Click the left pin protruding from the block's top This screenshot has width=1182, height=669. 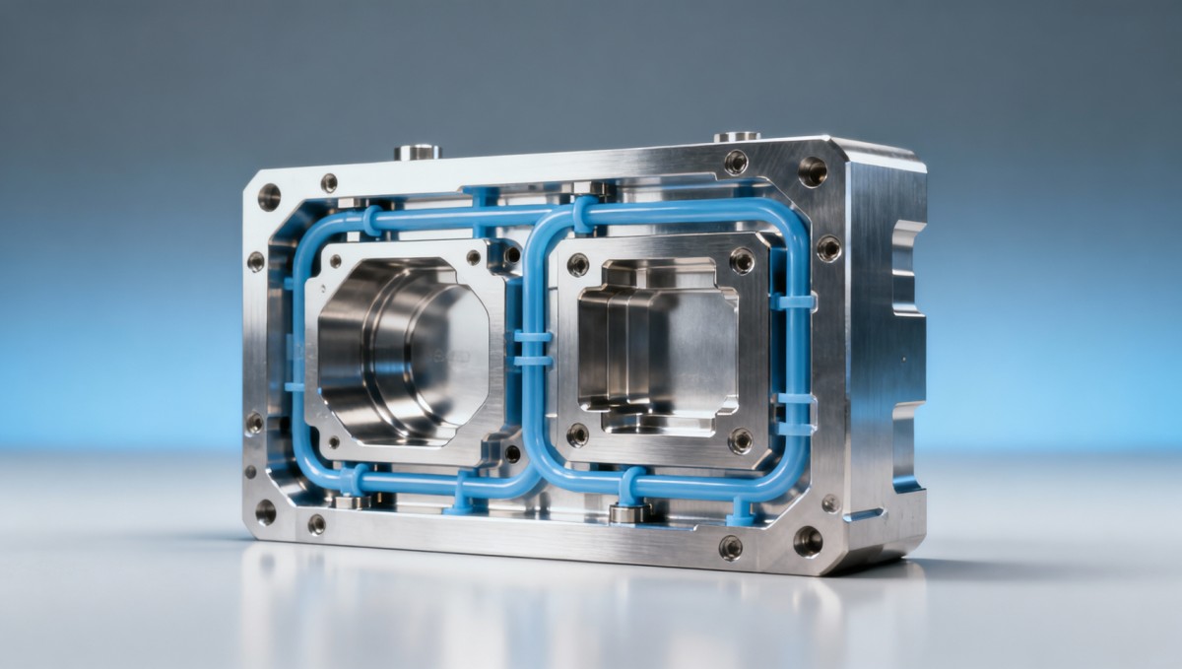tap(418, 152)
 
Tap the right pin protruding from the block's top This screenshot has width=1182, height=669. tap(737, 136)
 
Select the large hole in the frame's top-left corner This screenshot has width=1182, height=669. tap(269, 196)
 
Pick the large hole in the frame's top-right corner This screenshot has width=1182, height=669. tap(813, 170)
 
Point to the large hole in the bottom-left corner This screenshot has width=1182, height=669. tap(265, 511)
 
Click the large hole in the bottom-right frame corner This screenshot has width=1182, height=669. tap(808, 540)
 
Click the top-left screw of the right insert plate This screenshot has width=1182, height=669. tap(578, 264)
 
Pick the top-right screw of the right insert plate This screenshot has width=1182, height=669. tap(742, 260)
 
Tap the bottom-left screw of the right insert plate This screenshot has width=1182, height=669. tap(577, 434)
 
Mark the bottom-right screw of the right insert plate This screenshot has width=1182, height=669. tap(740, 439)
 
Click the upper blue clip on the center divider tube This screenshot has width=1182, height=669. tap(533, 337)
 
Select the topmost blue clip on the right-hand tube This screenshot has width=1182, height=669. tap(794, 301)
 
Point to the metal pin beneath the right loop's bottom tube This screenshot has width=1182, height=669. tap(627, 512)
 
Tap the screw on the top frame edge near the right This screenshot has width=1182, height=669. tap(735, 162)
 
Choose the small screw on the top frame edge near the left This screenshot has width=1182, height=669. tap(329, 182)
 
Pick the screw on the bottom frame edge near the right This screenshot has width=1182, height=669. tap(730, 547)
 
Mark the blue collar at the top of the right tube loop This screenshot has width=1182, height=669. tap(584, 215)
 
